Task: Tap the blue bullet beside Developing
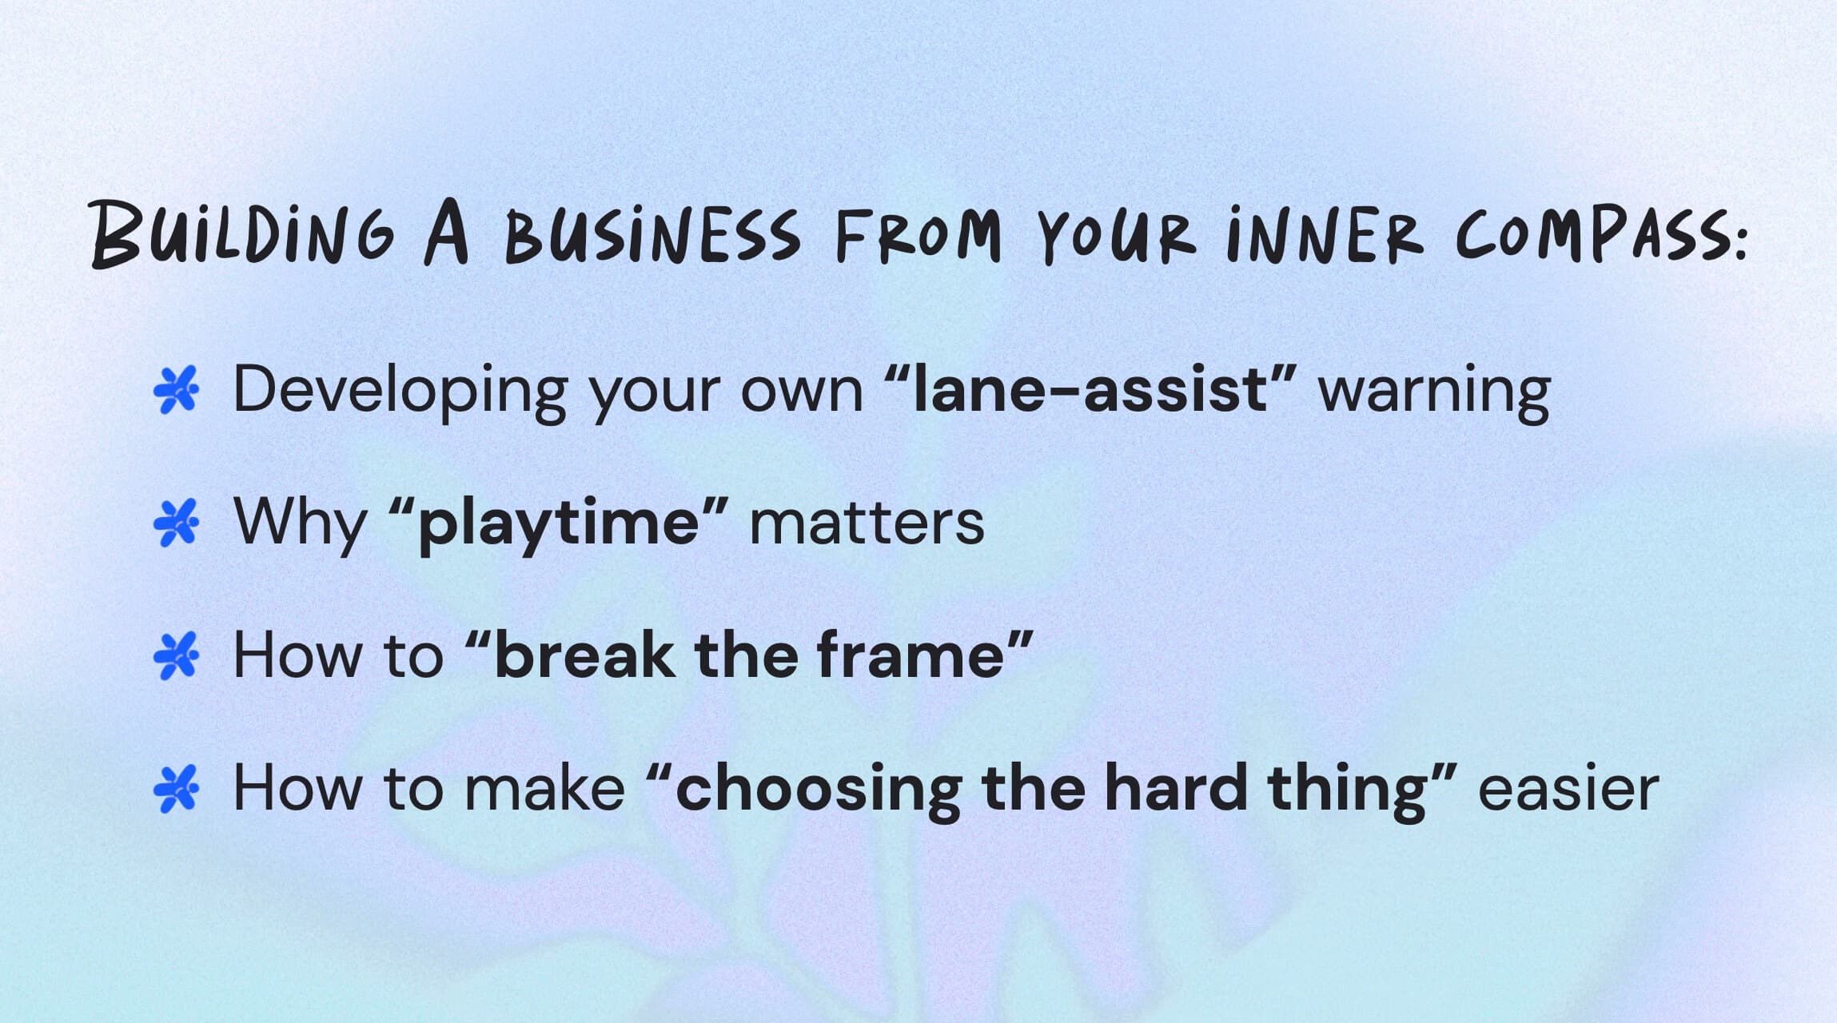[x=176, y=391]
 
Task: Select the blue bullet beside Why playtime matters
[x=176, y=523]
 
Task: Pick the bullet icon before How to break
[x=176, y=656]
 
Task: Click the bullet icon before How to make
[x=176, y=789]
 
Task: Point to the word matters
[x=867, y=523]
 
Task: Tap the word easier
[x=1568, y=789]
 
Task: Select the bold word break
[x=584, y=656]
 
